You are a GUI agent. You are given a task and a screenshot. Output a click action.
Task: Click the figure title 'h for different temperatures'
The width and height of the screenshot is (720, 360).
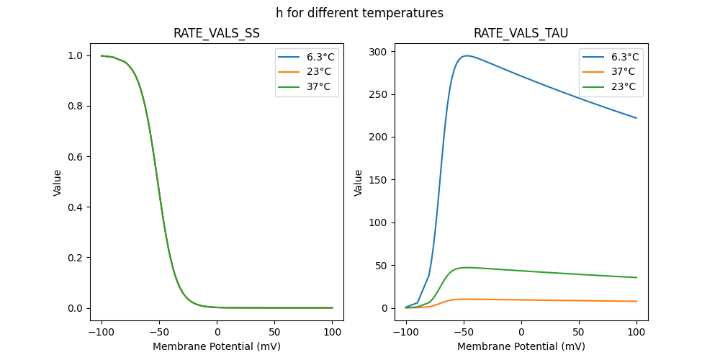[359, 13]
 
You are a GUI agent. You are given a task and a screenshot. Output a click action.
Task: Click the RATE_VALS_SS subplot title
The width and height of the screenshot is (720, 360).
[217, 34]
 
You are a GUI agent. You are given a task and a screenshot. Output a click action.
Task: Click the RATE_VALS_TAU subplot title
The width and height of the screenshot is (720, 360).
[521, 34]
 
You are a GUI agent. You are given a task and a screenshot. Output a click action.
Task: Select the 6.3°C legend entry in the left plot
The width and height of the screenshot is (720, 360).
[320, 57]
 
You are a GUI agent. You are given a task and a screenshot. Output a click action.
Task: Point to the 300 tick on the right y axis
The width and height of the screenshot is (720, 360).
[379, 52]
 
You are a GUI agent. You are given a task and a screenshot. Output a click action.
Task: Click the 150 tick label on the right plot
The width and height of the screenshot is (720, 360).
[379, 180]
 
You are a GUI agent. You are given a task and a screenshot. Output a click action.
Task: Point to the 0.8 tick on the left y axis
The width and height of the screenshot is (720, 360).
[75, 107]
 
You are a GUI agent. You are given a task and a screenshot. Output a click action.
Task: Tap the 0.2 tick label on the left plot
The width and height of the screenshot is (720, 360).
[75, 258]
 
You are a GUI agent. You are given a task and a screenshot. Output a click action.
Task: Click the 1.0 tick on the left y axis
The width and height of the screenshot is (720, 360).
[75, 56]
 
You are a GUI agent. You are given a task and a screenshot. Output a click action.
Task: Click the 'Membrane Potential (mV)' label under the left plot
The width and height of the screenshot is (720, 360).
[217, 346]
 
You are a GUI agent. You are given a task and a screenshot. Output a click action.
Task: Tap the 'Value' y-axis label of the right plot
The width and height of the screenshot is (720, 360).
[359, 183]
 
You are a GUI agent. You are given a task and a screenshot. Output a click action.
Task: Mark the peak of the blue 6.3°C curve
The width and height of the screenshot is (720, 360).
[467, 55]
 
